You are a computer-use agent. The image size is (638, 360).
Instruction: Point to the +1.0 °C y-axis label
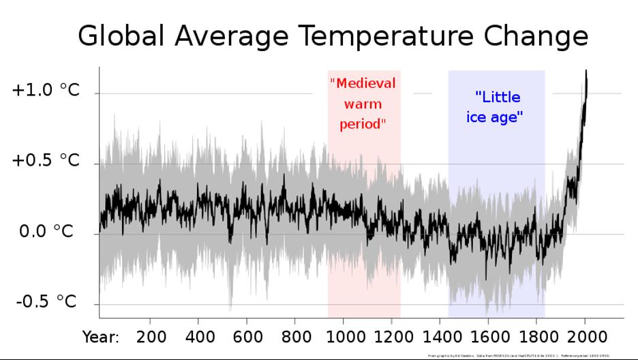46,91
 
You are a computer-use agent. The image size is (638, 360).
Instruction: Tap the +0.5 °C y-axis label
46,161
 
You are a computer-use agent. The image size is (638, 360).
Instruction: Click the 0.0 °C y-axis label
46,232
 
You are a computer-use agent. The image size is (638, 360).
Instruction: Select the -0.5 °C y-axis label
46,301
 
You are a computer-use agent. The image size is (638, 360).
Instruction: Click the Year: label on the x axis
101,337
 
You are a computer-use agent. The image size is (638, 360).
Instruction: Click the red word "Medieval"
363,84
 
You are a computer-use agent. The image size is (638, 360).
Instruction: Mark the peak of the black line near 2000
586,71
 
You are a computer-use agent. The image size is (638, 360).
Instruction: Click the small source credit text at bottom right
519,355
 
